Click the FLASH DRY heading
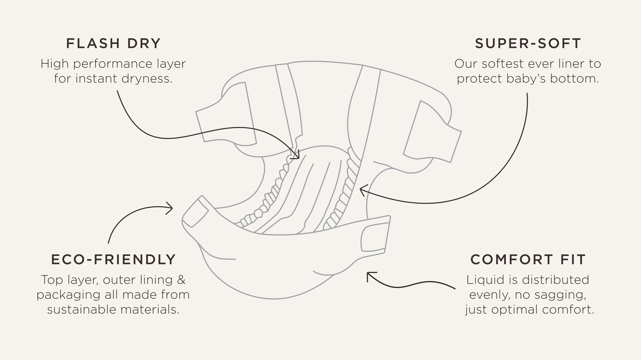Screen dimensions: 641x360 point(114,44)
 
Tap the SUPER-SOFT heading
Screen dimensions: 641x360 point(528,44)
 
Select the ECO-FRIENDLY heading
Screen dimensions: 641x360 point(114,260)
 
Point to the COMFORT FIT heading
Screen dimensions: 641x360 point(528,260)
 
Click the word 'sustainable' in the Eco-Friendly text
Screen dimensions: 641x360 point(82,310)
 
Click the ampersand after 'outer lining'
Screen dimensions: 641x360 point(181,280)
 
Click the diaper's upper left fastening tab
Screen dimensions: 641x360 point(226,113)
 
